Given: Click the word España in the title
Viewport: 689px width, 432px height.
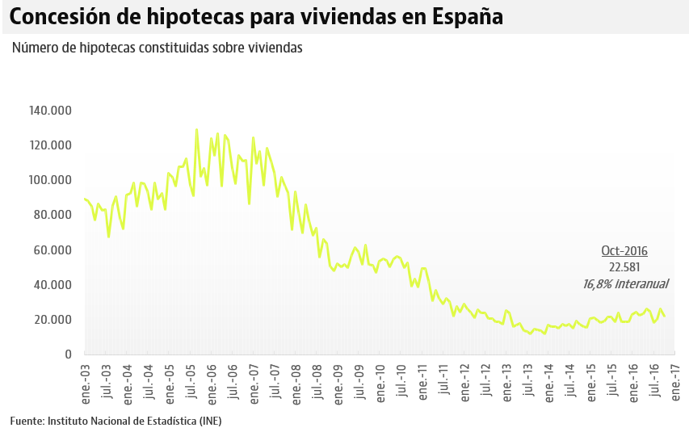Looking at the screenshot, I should pyautogui.click(x=462, y=16).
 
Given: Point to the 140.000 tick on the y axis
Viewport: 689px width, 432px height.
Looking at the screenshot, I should pyautogui.click(x=50, y=111).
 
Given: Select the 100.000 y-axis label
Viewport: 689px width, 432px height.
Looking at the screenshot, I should pyautogui.click(x=50, y=180).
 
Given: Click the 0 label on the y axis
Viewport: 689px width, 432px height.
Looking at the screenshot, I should pyautogui.click(x=68, y=354).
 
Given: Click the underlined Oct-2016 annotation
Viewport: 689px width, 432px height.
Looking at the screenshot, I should pyautogui.click(x=624, y=251).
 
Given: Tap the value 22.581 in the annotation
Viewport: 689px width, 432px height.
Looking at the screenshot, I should pyautogui.click(x=624, y=267).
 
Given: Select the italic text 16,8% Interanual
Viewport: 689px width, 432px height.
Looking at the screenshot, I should pyautogui.click(x=625, y=283).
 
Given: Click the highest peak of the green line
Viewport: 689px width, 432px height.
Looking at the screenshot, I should pyautogui.click(x=196, y=129).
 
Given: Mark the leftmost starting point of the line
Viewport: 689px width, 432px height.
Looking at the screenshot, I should pyautogui.click(x=84, y=199).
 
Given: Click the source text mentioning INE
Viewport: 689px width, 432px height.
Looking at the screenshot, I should pyautogui.click(x=116, y=421).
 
